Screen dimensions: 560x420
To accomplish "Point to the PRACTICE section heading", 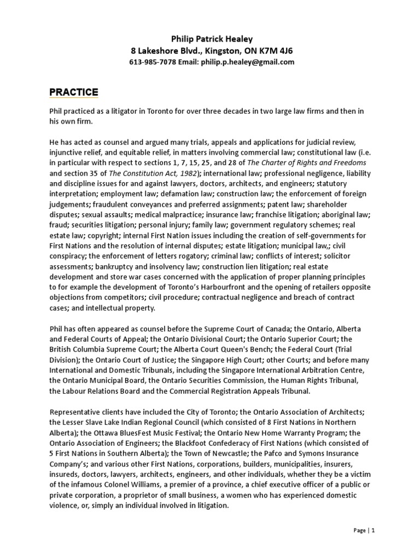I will [74, 91].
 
